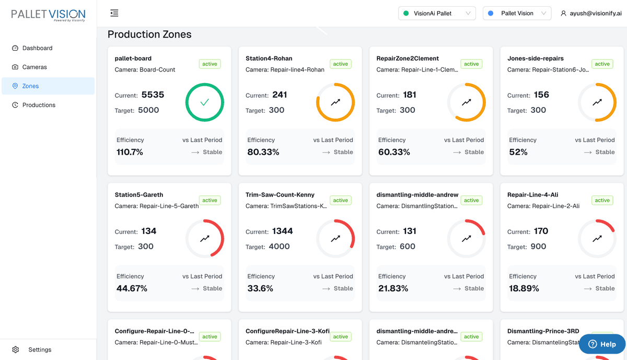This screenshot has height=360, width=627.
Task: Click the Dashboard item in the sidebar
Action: point(37,48)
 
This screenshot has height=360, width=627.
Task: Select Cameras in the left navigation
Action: point(34,67)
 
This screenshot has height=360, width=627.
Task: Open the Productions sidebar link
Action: point(39,105)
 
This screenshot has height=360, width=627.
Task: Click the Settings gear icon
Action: point(16,350)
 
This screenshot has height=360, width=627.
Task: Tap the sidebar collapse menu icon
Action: point(114,13)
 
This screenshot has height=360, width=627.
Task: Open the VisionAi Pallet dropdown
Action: point(437,13)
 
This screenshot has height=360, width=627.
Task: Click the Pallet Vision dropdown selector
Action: point(517,13)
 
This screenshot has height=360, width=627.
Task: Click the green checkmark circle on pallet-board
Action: point(205,102)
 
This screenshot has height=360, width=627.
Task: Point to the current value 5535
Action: point(153,95)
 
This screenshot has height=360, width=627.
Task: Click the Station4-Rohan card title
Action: point(269,59)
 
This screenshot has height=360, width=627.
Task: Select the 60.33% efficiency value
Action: point(394,152)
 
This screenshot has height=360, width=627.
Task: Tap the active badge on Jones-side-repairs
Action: point(602,64)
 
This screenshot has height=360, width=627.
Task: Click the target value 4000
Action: point(279,247)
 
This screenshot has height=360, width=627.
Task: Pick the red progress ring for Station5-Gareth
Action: point(205,239)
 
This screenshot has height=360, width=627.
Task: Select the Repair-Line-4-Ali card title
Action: point(531,195)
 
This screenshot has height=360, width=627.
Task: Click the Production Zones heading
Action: point(149,34)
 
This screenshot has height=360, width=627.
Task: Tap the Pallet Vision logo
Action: point(48,15)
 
